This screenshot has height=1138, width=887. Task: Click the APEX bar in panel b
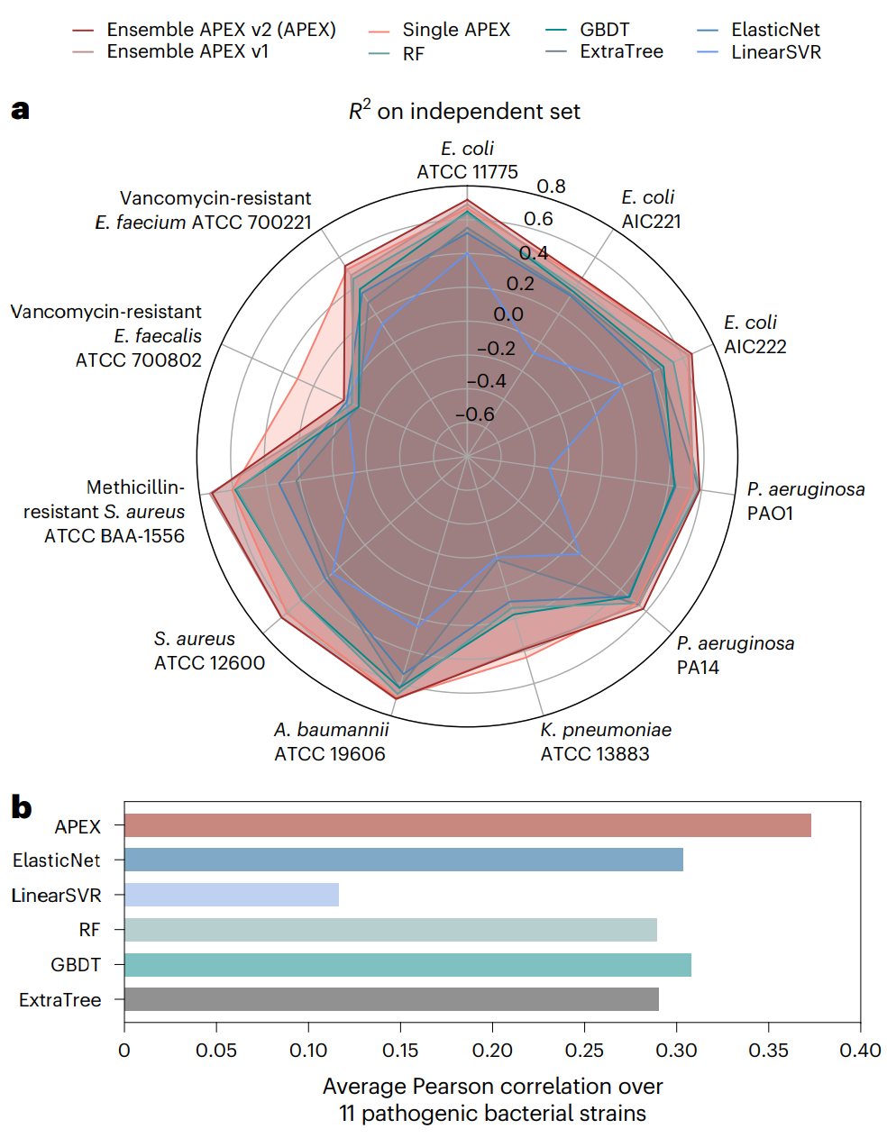[x=467, y=825]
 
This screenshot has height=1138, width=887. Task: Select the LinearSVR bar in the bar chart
[x=232, y=895]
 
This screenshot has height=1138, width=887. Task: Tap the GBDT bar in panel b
[x=407, y=965]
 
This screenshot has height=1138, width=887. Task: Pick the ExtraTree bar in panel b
[x=391, y=999]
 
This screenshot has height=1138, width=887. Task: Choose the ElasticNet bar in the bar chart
[x=403, y=860]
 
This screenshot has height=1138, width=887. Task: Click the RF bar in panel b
[x=390, y=930]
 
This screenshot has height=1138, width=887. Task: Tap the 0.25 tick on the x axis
[x=584, y=1051]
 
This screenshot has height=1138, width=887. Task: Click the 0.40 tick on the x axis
[x=860, y=1051]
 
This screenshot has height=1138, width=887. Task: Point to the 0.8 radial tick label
[x=551, y=187]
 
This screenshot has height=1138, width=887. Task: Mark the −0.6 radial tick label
[x=474, y=414]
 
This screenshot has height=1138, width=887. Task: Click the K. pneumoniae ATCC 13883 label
[x=605, y=742]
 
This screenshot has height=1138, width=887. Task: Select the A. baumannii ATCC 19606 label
[x=331, y=742]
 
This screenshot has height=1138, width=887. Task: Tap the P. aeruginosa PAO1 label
[x=805, y=501]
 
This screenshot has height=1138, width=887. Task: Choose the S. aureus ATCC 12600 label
[x=209, y=651]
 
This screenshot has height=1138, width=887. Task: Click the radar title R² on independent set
[x=464, y=111]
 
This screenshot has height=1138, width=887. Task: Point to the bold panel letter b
[x=21, y=807]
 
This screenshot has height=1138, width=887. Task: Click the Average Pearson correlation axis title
[x=492, y=1099]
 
